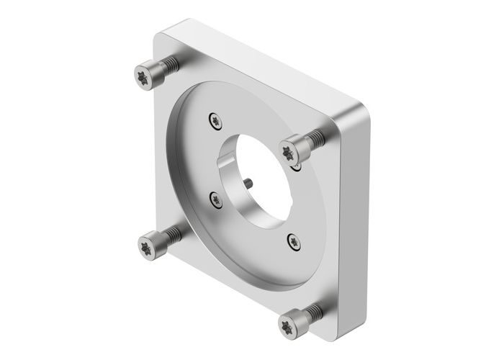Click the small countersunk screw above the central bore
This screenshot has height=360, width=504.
pyautogui.click(x=214, y=121)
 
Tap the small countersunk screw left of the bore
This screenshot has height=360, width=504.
pyautogui.click(x=215, y=199)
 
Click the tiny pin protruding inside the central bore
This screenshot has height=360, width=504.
pyautogui.click(x=247, y=183)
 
